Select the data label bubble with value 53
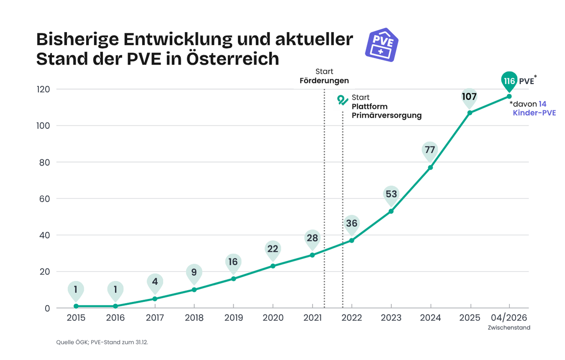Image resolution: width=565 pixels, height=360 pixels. point(391,194)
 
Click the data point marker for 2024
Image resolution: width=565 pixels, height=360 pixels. point(430,167)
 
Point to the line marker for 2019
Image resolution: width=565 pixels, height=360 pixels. point(234,278)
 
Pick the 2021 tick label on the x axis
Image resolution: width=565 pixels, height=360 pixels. point(312,318)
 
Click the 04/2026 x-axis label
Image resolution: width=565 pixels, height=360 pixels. point(509,318)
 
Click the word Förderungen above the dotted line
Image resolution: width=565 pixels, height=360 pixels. point(324,80)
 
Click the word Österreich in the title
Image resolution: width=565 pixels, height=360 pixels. point(233,59)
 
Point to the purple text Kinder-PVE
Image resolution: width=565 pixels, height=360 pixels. point(534,113)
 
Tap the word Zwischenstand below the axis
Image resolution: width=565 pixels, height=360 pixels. point(509,328)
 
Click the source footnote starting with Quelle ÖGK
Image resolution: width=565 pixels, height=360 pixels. point(102,342)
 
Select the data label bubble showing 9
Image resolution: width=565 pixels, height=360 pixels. point(194,272)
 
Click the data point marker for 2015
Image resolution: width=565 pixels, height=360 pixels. point(76,306)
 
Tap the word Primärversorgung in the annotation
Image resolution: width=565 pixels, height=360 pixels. point(386,116)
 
